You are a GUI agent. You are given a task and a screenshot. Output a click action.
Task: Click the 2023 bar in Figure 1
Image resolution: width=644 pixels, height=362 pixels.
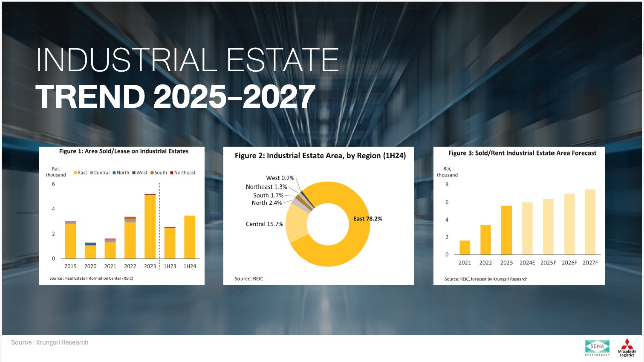(x=150, y=226)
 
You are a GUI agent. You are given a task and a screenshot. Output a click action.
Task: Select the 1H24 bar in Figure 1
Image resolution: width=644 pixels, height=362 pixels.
(x=190, y=237)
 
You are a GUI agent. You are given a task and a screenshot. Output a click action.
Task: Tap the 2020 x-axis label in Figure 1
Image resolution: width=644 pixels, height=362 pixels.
(x=90, y=266)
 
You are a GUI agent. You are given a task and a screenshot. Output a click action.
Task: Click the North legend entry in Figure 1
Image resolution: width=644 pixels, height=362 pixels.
(x=121, y=173)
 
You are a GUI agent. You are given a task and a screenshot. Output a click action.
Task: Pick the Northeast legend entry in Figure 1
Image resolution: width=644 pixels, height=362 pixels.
(x=183, y=173)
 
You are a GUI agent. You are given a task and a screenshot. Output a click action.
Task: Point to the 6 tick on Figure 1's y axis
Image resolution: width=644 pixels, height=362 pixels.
(x=53, y=184)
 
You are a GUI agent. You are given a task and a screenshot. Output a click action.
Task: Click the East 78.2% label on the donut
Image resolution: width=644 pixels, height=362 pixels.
(x=368, y=219)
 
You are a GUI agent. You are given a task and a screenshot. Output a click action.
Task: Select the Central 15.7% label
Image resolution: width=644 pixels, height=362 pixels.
(x=265, y=224)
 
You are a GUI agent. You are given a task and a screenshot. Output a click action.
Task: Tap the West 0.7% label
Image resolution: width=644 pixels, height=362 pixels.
(x=280, y=178)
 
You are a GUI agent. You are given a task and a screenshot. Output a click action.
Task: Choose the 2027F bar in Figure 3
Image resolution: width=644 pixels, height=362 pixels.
(x=590, y=222)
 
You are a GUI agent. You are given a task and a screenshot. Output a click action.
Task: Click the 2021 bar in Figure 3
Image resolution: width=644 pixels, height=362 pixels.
(x=465, y=248)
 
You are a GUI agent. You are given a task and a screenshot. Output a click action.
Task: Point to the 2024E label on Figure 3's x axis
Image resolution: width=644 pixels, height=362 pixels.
(x=527, y=263)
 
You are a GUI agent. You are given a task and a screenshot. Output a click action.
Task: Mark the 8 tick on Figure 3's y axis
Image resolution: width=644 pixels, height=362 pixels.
(x=447, y=185)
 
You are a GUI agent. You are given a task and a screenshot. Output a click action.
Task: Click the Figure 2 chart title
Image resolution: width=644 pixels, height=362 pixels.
(x=320, y=156)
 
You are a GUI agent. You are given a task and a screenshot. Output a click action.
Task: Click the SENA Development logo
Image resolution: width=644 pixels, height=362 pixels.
(x=597, y=348)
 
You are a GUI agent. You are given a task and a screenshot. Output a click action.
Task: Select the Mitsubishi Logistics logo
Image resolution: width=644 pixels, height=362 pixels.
(x=627, y=348)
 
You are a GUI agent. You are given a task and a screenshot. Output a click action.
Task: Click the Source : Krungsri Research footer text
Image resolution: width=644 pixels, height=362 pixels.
(x=50, y=342)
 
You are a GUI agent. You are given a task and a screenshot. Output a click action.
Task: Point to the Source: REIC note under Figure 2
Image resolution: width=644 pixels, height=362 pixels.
(x=248, y=278)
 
